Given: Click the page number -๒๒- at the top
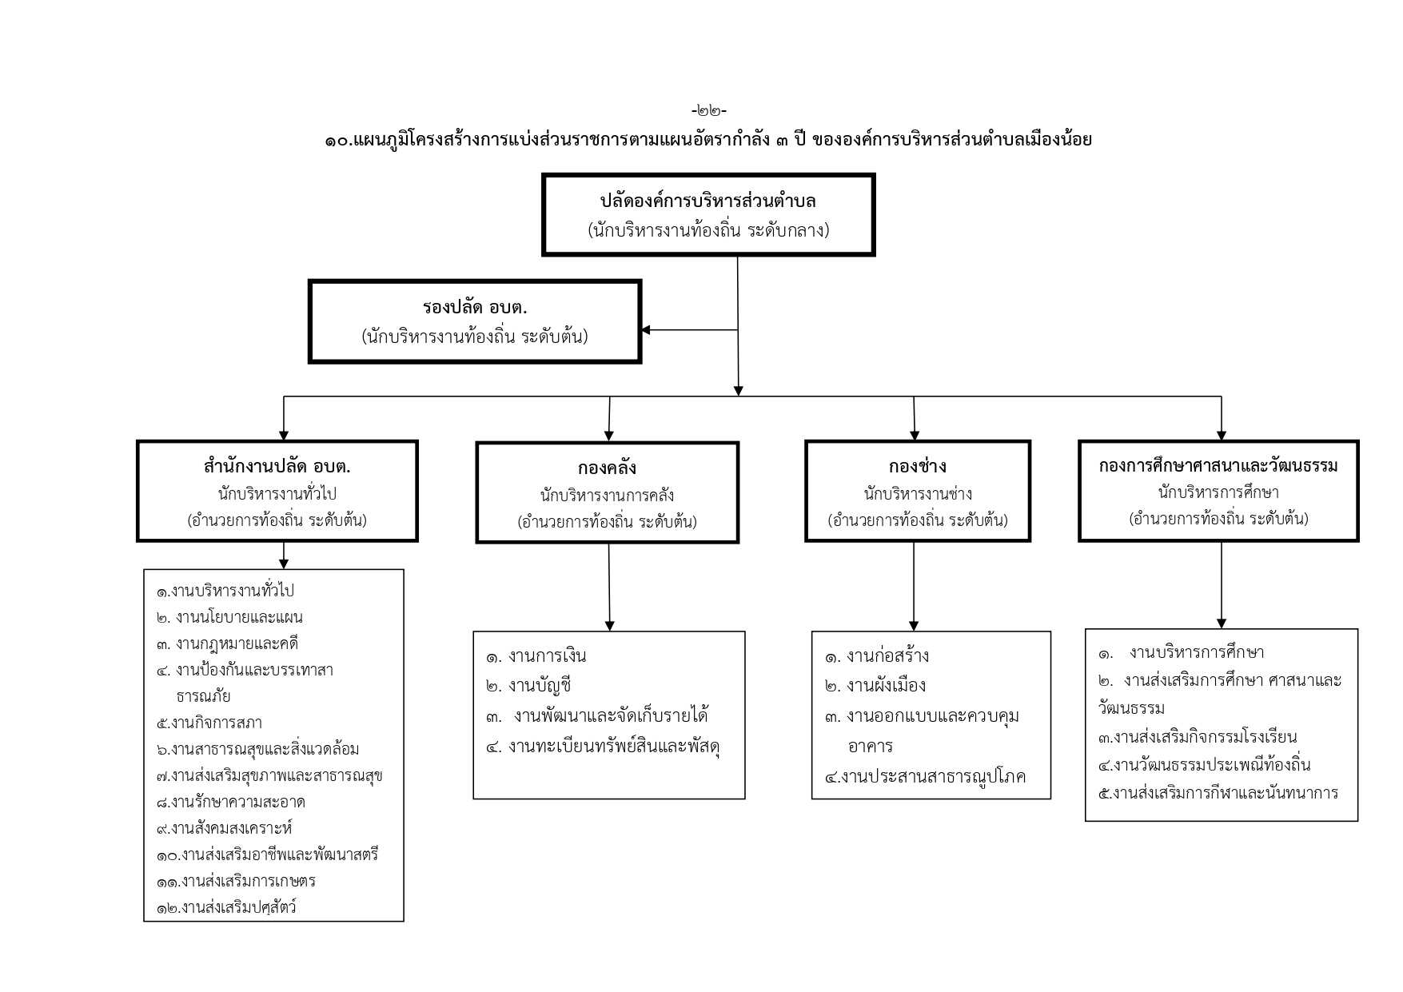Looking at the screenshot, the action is click(708, 110).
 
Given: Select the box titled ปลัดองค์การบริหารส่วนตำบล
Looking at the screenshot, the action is click(708, 214).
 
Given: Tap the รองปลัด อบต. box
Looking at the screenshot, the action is click(475, 321).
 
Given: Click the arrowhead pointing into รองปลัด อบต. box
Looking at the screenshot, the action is click(646, 329).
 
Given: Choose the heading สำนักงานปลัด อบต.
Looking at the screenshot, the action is click(277, 465).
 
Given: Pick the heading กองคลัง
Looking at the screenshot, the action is click(607, 467).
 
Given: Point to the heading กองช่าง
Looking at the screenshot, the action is click(917, 465).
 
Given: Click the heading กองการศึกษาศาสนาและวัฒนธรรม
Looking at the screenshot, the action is click(1218, 465).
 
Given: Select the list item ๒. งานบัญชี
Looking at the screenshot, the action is click(528, 686).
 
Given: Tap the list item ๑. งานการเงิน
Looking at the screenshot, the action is click(536, 656).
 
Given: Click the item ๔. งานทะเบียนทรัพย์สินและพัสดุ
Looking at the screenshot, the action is click(603, 747).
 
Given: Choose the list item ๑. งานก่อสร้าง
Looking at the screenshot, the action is click(877, 656).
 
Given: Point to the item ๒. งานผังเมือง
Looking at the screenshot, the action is click(875, 686).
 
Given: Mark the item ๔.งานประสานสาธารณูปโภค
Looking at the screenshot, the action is click(925, 775).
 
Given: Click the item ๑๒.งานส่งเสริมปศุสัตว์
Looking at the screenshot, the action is click(227, 907).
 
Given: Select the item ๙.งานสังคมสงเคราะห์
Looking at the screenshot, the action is click(225, 828).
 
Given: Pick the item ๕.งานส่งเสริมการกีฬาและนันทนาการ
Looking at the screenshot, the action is click(1219, 793).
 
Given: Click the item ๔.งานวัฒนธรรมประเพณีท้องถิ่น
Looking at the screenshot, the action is click(1205, 765).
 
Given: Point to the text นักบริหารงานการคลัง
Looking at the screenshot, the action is click(607, 496).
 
